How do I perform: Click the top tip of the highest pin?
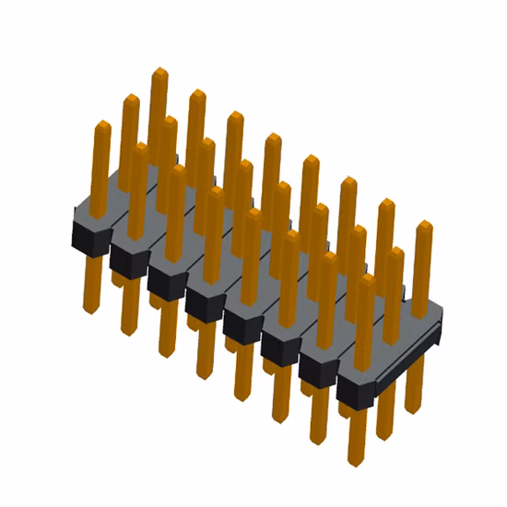(x=159, y=70)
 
